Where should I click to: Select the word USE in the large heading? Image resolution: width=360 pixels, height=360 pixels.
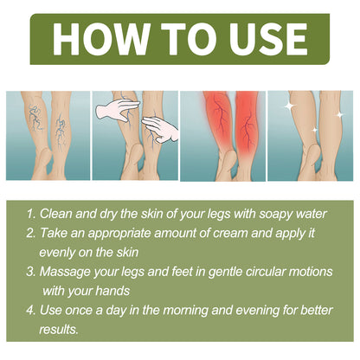[263, 38]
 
